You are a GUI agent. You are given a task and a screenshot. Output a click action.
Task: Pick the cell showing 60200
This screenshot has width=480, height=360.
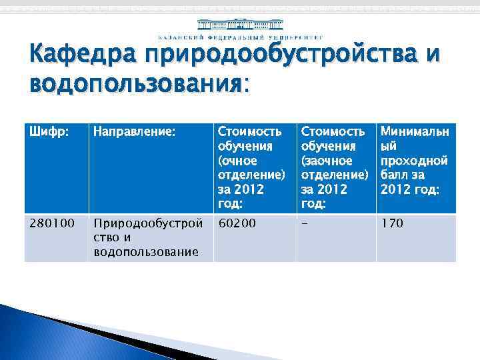[237, 223]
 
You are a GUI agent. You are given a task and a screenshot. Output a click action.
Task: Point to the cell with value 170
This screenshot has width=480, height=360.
[391, 223]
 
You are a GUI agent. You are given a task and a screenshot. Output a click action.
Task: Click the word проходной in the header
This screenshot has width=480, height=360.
[413, 161]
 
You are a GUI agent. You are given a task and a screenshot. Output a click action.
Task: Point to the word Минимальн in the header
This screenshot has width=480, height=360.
[413, 133]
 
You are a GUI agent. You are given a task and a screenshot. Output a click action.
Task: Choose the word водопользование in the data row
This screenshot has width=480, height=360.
[146, 251]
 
